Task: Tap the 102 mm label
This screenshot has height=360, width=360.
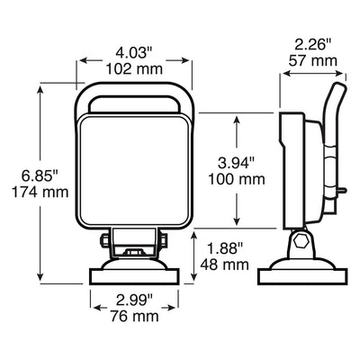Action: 134,69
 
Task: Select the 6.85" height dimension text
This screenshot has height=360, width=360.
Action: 40,176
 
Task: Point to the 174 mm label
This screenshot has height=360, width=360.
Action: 40,192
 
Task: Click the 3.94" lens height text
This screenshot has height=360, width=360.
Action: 237,164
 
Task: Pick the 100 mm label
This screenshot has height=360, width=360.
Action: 237,179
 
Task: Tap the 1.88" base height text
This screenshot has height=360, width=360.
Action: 224,249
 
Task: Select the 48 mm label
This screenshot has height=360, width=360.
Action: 225,265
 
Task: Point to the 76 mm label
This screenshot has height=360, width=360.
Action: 134,316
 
